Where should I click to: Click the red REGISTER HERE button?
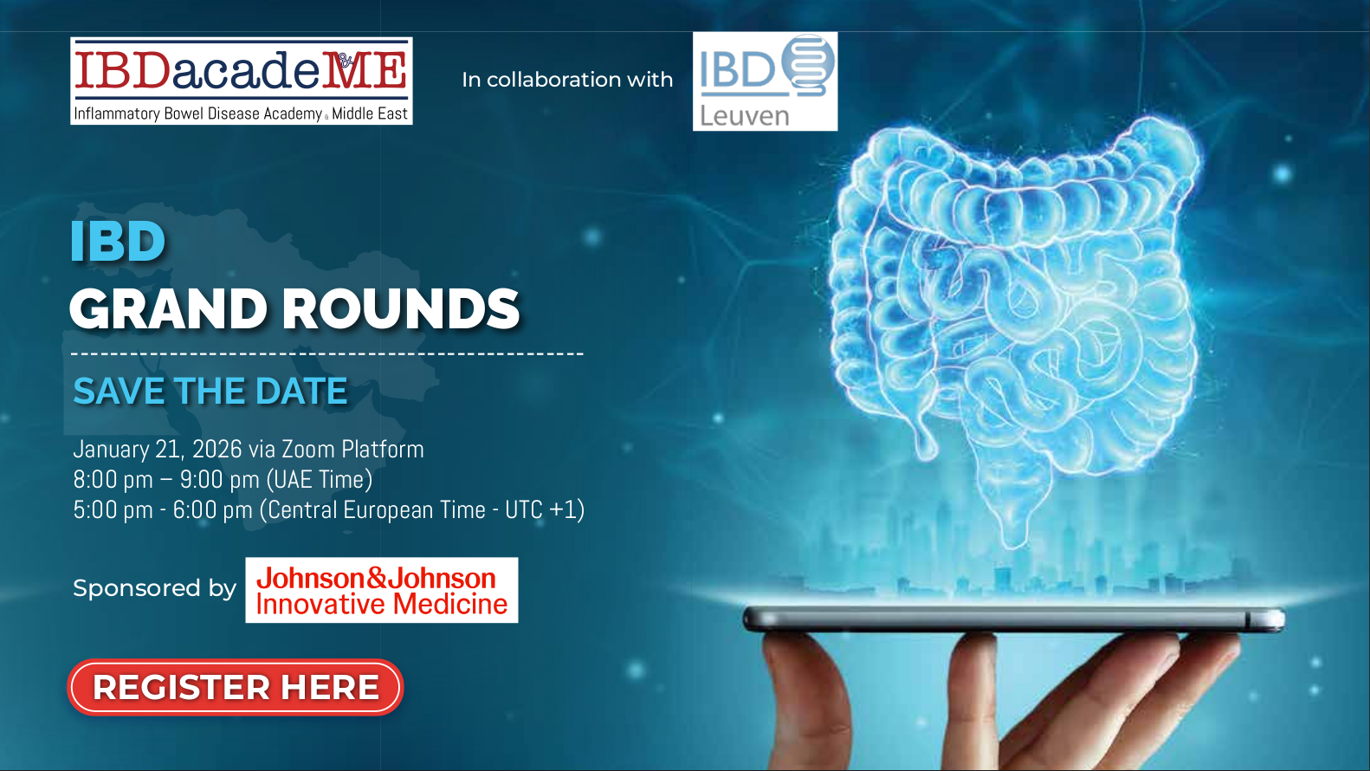pyautogui.click(x=236, y=687)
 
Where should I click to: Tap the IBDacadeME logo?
pyautogui.click(x=242, y=81)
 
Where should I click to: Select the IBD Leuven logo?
pyautogui.click(x=766, y=81)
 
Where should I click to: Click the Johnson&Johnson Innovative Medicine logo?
pyautogui.click(x=382, y=590)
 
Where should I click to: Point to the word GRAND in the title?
pyautogui.click(x=168, y=308)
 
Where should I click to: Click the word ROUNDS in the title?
pyautogui.click(x=401, y=308)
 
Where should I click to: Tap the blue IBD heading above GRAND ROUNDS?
pyautogui.click(x=118, y=241)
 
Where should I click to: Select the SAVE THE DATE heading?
pyautogui.click(x=210, y=391)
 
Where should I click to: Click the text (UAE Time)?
pyautogui.click(x=320, y=480)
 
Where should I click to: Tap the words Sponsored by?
pyautogui.click(x=155, y=588)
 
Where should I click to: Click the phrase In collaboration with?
pyautogui.click(x=567, y=80)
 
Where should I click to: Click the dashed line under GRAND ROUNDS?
pyautogui.click(x=327, y=353)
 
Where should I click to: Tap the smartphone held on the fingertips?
pyautogui.click(x=1013, y=619)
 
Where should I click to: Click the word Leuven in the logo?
pyautogui.click(x=745, y=116)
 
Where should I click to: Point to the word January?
pyautogui.click(x=112, y=450)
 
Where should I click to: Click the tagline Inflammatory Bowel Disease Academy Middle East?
pyautogui.click(x=241, y=113)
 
